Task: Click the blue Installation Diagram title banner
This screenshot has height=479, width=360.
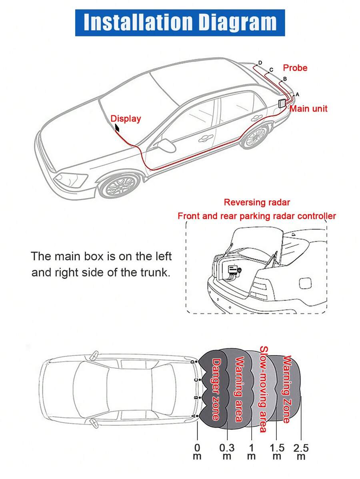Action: coord(180,23)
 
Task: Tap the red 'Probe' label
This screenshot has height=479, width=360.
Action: coord(295,68)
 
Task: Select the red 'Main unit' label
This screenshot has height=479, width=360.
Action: coord(308,108)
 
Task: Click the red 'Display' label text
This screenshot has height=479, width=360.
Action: coord(126,118)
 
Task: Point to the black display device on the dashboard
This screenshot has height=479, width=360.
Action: coord(118,128)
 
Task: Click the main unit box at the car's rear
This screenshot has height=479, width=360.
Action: coord(282,103)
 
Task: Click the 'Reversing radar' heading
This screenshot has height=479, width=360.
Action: coord(257,202)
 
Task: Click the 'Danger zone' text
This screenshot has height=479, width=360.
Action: coord(216,389)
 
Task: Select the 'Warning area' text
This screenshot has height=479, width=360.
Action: coord(240,389)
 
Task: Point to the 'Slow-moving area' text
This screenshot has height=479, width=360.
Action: coord(263,389)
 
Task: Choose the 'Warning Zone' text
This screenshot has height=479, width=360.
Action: coord(286,389)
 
